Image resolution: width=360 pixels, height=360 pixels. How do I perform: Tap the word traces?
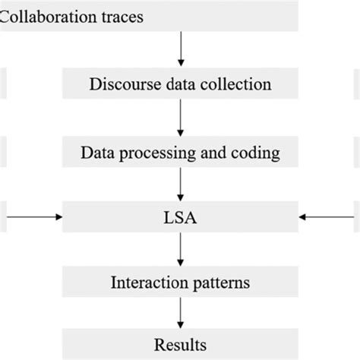[122, 14]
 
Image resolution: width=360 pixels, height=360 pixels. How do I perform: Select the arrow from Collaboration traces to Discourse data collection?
[180, 49]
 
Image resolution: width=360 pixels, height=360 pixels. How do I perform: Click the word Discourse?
[120, 83]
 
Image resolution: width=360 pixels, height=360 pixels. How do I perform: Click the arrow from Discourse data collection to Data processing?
[180, 117]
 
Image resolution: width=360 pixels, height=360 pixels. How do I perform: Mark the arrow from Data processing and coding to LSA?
[180, 185]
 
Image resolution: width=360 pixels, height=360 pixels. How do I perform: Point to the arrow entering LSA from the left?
[34, 217]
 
